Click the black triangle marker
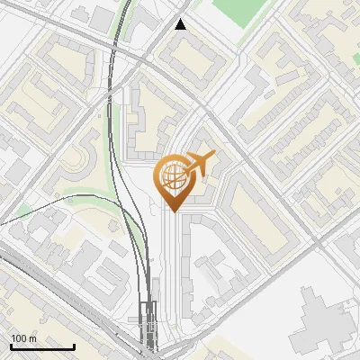pyautogui.click(x=181, y=24)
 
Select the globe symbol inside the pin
pyautogui.click(x=175, y=177)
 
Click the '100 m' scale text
pyautogui.click(x=23, y=338)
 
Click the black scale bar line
pyautogui.click(x=42, y=346)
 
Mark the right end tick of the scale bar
pyautogui.click(x=74, y=345)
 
